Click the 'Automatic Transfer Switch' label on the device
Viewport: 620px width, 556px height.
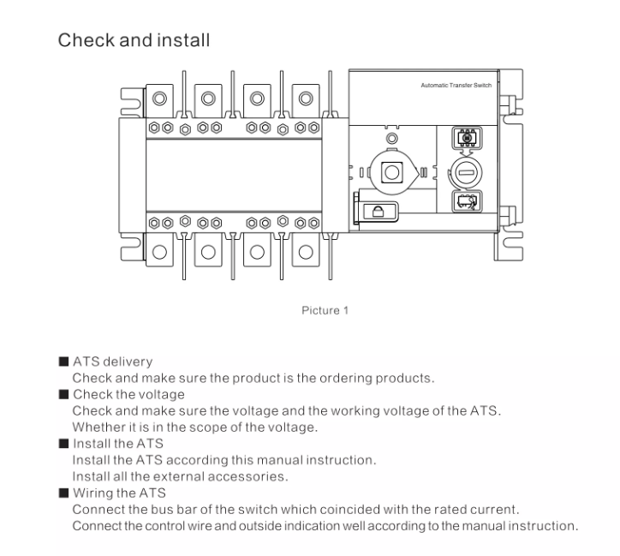[x=456, y=87]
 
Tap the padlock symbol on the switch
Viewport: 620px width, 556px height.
[x=375, y=211]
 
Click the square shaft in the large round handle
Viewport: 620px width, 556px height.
[x=391, y=170]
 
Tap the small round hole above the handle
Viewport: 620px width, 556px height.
[x=392, y=138]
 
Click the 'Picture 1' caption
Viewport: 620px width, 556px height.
[x=325, y=310]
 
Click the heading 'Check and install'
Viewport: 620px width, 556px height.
[x=133, y=40]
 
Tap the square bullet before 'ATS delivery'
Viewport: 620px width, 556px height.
[x=63, y=362]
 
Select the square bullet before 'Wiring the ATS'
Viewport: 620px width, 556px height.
[x=63, y=493]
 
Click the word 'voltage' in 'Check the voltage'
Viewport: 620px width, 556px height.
[x=159, y=394]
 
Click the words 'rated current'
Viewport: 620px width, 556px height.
[x=480, y=510]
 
